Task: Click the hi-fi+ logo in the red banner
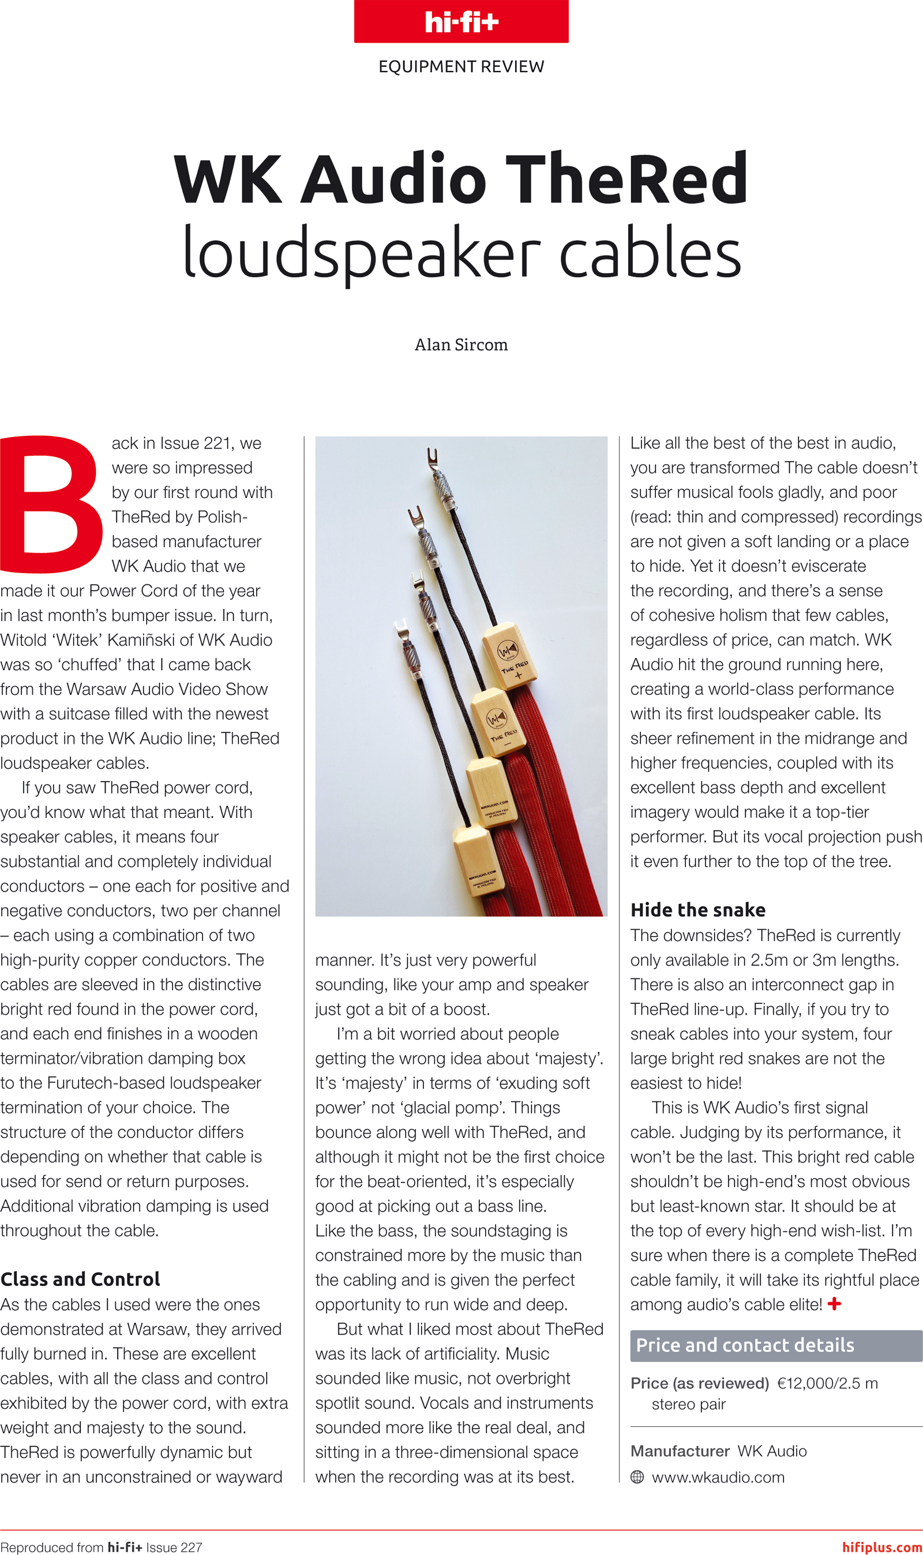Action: (461, 23)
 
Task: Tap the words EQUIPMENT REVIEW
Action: (461, 66)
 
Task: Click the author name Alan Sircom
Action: (461, 345)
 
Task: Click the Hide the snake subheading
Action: (698, 910)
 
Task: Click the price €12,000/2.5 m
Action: (827, 1383)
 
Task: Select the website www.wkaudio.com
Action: (718, 1477)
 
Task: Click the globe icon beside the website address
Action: (637, 1477)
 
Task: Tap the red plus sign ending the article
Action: (835, 1303)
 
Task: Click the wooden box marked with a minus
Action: (498, 722)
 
